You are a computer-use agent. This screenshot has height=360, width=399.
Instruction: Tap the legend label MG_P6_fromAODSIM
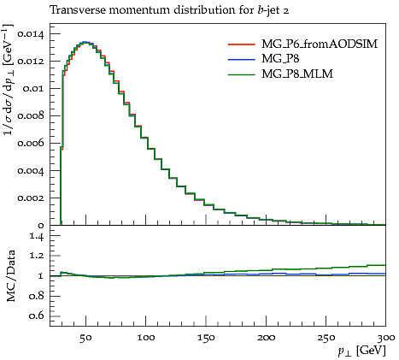coord(320,44)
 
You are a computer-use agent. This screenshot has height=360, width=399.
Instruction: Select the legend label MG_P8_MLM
coord(297,74)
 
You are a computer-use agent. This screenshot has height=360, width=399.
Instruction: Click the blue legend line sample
coord(241,59)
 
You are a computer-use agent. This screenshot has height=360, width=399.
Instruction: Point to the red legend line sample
coord(241,44)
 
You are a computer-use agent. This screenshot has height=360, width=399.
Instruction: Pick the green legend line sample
coord(241,74)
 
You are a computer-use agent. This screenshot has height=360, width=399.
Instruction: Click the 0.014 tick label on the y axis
coord(31,34)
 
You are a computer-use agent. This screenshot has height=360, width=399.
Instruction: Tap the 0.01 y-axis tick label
coord(33,89)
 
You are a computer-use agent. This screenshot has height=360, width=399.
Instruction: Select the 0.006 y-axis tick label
coord(31,144)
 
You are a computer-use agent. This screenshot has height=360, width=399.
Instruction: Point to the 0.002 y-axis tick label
coord(31,198)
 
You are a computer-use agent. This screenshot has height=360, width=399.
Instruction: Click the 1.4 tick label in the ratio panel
coord(37,236)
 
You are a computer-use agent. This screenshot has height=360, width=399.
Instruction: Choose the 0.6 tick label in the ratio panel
coord(37,316)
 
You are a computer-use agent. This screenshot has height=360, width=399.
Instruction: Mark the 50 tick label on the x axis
coord(85,338)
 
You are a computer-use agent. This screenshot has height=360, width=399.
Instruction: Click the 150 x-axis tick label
coord(206,338)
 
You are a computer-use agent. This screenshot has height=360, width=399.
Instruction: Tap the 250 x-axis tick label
coord(326,338)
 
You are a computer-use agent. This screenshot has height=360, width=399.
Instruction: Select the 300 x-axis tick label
coord(385,338)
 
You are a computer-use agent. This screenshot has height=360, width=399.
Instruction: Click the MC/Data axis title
coord(11,276)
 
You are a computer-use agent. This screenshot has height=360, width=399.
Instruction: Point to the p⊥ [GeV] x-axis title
coord(361,351)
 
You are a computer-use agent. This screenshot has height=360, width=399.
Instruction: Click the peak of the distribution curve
coord(85,42)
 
